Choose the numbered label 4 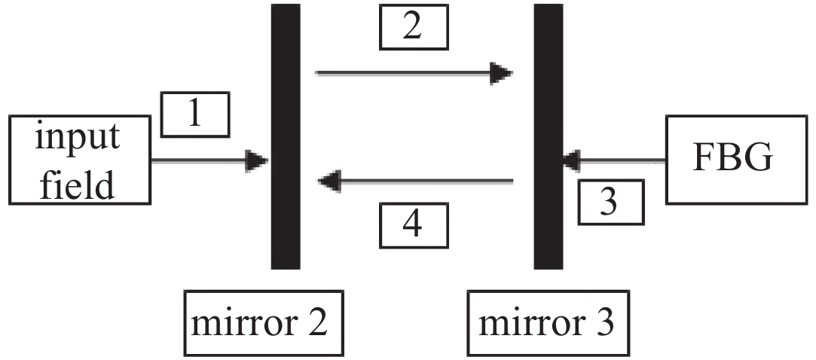(413, 224)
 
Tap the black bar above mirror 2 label (286, 136)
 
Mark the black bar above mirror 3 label (549, 136)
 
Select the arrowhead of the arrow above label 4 (330, 181)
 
